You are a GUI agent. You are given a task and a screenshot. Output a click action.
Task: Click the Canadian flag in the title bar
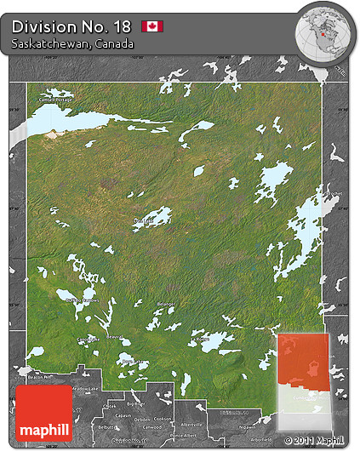pos(152,26)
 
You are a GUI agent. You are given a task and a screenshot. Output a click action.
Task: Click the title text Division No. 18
pos(71,26)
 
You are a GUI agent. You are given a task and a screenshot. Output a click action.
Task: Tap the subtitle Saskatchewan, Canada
pos(72,43)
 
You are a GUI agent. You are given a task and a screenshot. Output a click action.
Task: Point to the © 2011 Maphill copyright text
pos(319,440)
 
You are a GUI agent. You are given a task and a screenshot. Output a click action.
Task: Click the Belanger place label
pos(166,304)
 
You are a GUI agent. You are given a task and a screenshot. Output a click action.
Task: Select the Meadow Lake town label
pos(85,389)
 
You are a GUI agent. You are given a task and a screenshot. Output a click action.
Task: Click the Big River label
pos(135,405)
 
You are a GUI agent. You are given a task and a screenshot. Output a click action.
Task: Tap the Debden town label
pos(143,419)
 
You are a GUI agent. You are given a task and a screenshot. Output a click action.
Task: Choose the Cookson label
pos(164,419)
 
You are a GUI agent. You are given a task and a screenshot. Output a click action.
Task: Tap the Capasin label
pos(124,415)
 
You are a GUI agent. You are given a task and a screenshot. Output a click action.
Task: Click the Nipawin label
pos(247,428)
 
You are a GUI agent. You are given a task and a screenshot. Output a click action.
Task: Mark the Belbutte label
pos(107,427)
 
